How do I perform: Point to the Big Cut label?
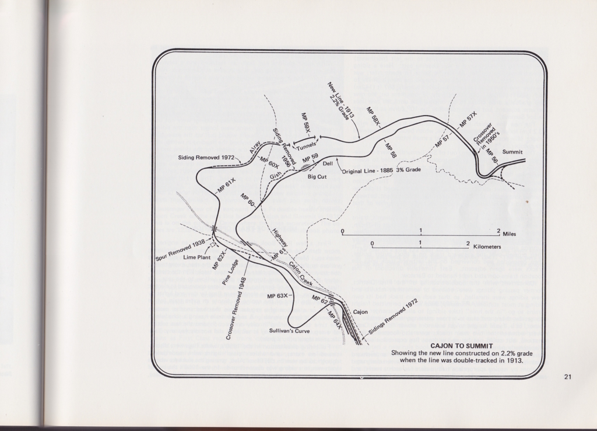tap(319, 176)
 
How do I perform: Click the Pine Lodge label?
tap(229, 272)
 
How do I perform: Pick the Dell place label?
tap(327, 164)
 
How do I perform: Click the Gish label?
tap(275, 174)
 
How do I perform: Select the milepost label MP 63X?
tap(278, 296)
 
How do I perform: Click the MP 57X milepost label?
tap(468, 119)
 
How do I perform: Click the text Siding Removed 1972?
tap(206, 158)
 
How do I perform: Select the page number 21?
tap(568, 377)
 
